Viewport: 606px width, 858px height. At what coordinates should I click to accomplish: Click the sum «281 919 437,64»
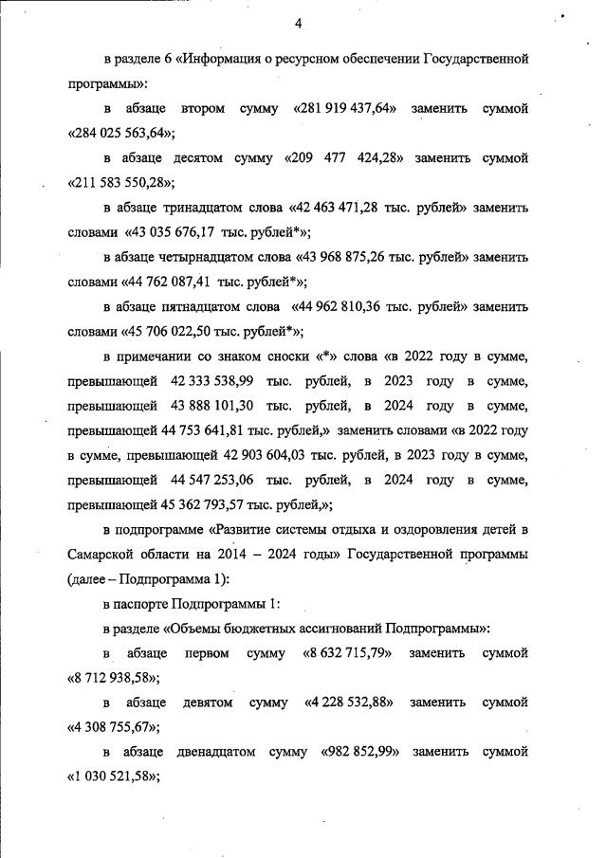pos(347,109)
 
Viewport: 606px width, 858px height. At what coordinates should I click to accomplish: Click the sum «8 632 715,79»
pos(347,653)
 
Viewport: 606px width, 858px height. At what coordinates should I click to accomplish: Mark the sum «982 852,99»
pos(356,752)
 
